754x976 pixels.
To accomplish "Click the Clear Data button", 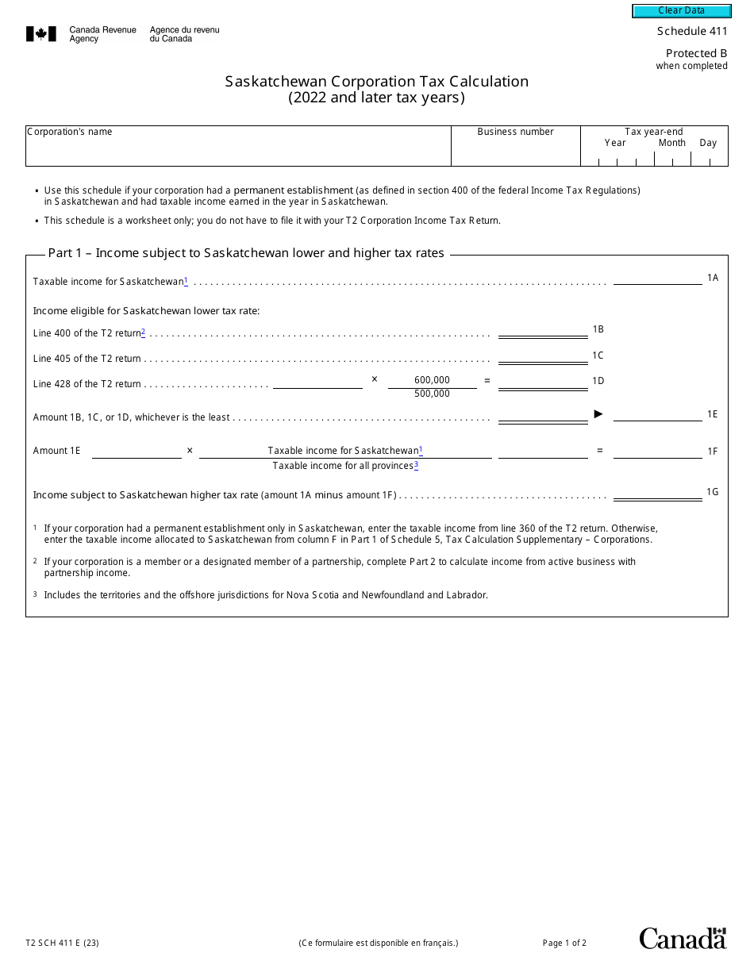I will click(x=681, y=10).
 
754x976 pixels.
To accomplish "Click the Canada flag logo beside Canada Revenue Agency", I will click(x=41, y=34).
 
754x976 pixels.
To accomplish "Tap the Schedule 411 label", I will click(x=691, y=31).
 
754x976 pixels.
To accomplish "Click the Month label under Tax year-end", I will click(x=671, y=143).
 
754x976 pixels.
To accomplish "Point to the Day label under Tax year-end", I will click(x=708, y=143).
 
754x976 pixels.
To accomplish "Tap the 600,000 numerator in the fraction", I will click(x=432, y=380).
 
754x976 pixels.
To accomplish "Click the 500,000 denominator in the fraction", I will click(x=432, y=394).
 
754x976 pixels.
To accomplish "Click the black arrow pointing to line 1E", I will click(x=599, y=413).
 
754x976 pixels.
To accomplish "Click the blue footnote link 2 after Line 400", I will click(x=143, y=332).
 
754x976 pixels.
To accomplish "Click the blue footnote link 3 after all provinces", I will click(x=416, y=465).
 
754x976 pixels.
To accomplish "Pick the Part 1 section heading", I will click(x=246, y=253).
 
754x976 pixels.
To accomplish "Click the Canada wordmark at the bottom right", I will click(x=683, y=938).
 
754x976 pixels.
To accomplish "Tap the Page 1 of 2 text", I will click(x=564, y=943).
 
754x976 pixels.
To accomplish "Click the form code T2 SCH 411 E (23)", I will click(x=62, y=943).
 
